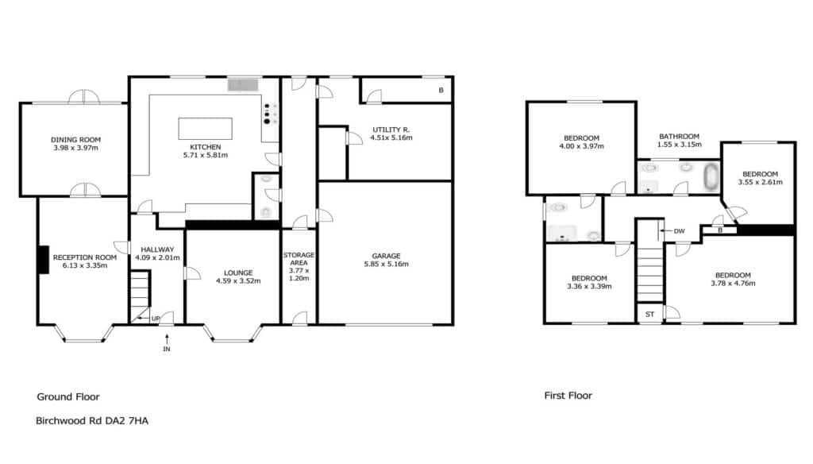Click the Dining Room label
pos(75,140)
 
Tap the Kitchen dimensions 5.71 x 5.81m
pos(206,155)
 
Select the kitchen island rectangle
pos(206,129)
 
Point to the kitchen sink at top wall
pos(243,84)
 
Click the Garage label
pos(387,256)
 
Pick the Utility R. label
pos(391,130)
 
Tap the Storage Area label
pos(299,259)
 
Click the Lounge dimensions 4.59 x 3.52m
pos(238,281)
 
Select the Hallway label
pos(158,249)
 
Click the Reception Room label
pos(85,257)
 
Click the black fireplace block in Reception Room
pos(44,260)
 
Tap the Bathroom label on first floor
pos(680,137)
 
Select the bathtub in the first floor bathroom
pos(711,176)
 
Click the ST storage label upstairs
pos(649,315)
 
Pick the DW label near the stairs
pos(680,231)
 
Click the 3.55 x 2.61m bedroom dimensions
pos(760,182)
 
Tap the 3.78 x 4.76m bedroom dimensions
pos(733,284)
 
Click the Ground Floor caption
pos(68,397)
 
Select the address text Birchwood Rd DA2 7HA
pos(92,421)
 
